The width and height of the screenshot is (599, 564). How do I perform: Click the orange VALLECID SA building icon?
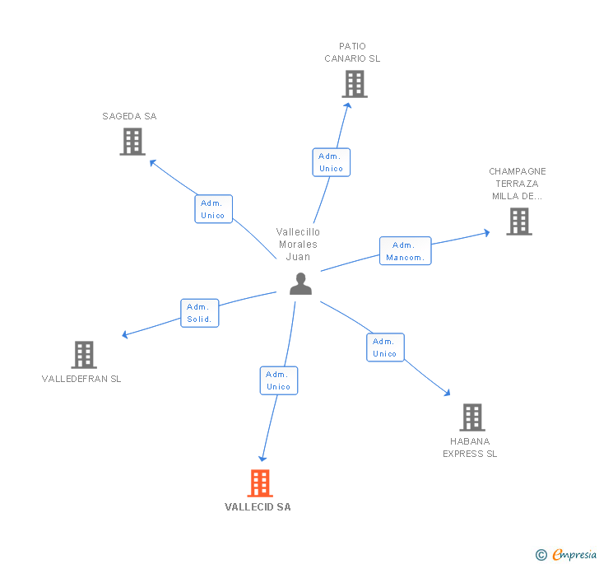click(260, 483)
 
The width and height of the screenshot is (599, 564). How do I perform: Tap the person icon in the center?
click(301, 284)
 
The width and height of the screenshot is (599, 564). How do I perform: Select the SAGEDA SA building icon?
click(132, 142)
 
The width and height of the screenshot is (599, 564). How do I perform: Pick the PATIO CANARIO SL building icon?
click(354, 84)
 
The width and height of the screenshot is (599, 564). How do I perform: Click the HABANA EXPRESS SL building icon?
click(471, 417)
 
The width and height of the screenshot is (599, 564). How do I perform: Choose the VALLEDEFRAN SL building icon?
click(83, 355)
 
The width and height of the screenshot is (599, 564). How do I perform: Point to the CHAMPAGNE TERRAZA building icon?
click(518, 221)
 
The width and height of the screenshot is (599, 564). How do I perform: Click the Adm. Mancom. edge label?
click(405, 251)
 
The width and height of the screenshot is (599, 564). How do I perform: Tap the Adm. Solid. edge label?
click(199, 313)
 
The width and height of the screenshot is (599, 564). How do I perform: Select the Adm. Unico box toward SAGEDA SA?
click(213, 209)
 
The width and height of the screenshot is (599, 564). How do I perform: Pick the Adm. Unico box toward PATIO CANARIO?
click(331, 162)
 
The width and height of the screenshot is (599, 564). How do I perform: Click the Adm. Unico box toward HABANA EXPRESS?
click(385, 347)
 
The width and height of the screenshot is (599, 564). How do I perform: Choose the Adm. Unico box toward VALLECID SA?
click(278, 380)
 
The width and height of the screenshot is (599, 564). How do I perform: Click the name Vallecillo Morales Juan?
click(298, 245)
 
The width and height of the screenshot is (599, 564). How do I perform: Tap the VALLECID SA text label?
click(258, 507)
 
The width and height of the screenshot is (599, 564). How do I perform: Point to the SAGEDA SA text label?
click(129, 116)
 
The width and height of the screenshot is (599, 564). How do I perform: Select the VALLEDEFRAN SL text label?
click(81, 379)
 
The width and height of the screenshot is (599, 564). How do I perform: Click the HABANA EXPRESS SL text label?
click(470, 447)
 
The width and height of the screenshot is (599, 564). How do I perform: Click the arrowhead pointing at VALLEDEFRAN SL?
click(125, 335)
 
